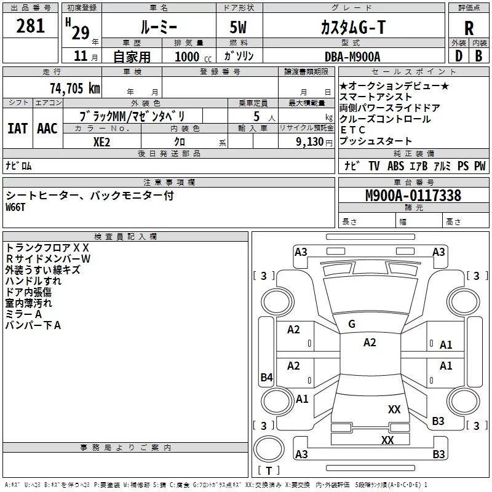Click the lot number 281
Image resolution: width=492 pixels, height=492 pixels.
coord(31,26)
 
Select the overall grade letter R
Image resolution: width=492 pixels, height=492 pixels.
coord(469,28)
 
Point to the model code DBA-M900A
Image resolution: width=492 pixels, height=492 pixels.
coord(352,57)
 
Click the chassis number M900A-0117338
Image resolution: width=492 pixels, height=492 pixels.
coord(413,196)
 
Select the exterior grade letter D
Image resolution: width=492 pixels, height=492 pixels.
coord(458,56)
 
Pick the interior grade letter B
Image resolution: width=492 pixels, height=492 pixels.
coord(478,56)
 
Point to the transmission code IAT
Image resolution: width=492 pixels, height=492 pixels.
coord(17,129)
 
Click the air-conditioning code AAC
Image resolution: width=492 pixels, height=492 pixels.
coord(47,129)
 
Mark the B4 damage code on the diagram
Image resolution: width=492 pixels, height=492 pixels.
coord(266,378)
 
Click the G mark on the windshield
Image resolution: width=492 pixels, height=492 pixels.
coord(352,324)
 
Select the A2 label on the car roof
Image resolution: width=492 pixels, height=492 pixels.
coord(370,343)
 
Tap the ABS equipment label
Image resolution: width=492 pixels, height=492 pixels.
coord(395,166)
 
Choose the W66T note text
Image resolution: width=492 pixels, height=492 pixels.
coord(17,207)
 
